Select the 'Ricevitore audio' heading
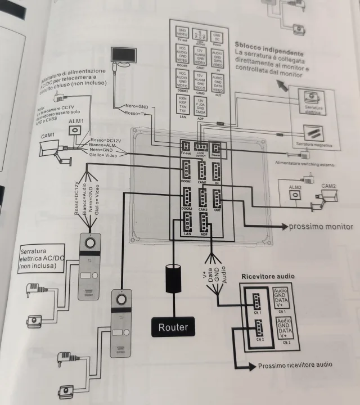pos(268,276)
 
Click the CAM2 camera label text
pos(328,186)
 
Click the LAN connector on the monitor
pos(187,225)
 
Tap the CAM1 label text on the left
pos(48,135)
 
